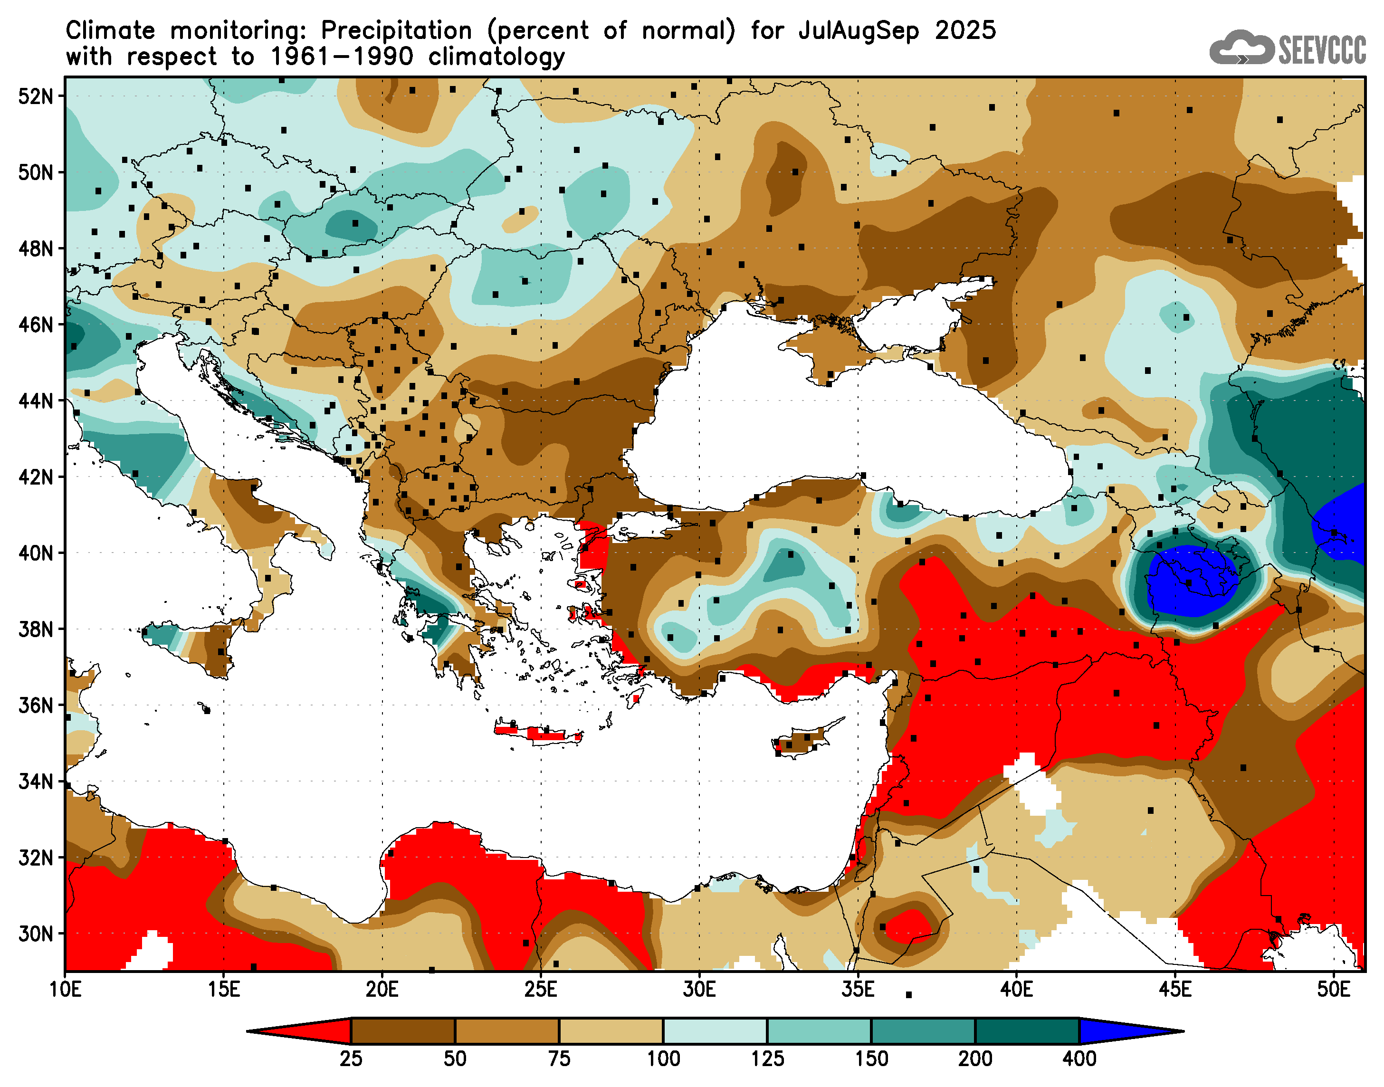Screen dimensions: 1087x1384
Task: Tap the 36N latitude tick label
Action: [35, 705]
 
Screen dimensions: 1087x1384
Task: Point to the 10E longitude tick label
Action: [66, 990]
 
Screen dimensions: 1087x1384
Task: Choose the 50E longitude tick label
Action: [1333, 990]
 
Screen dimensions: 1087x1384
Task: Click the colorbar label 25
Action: [351, 1059]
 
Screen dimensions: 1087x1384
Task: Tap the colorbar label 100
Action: [663, 1059]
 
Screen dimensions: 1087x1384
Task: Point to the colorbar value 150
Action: [871, 1059]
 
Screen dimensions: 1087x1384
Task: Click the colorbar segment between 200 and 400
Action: [1027, 1031]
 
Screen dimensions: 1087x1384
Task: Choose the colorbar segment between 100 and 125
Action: [715, 1031]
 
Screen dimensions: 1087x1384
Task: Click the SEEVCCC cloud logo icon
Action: [1241, 48]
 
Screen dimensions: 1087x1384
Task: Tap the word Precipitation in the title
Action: [396, 30]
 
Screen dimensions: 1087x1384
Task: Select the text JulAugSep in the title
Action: [859, 30]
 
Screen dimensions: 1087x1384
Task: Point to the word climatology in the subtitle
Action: [496, 57]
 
